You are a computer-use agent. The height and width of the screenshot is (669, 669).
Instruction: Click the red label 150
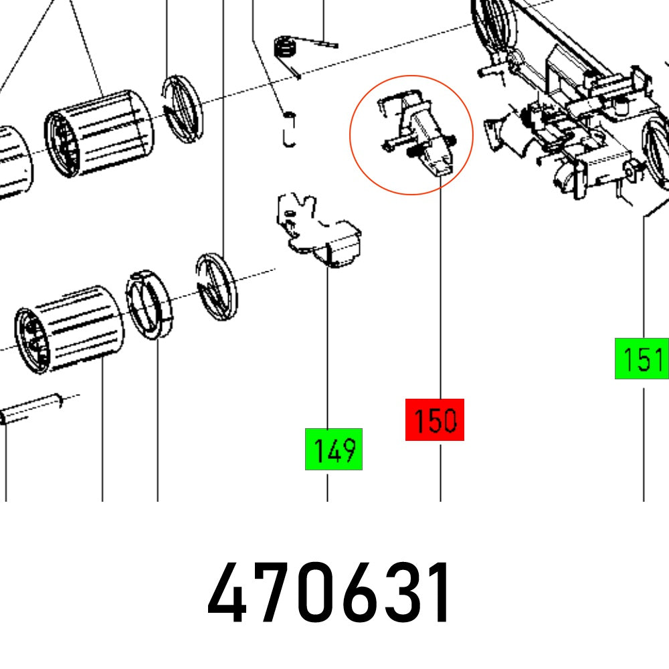pos(435,419)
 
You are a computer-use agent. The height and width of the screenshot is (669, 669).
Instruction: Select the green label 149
pos(334,449)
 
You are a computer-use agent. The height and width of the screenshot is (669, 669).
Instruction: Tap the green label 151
pos(642,359)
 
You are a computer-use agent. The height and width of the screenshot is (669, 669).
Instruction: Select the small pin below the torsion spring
pos(288,128)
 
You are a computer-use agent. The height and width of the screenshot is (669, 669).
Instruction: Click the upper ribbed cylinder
pos(99,134)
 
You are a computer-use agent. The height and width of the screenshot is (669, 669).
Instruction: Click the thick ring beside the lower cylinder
pos(150,304)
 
